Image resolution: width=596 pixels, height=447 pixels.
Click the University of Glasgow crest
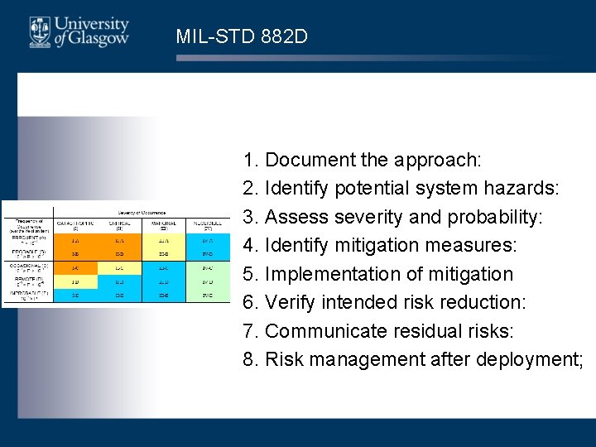tap(39, 32)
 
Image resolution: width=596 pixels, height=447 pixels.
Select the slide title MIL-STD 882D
tap(242, 36)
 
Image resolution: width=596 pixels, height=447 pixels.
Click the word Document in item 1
tap(305, 160)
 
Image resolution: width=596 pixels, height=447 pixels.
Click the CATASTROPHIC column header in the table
tap(74, 223)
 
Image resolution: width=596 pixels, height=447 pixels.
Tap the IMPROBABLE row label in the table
tap(27, 295)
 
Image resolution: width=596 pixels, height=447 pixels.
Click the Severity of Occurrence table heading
tap(140, 212)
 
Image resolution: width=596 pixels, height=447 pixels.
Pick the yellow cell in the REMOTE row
tap(120, 281)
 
